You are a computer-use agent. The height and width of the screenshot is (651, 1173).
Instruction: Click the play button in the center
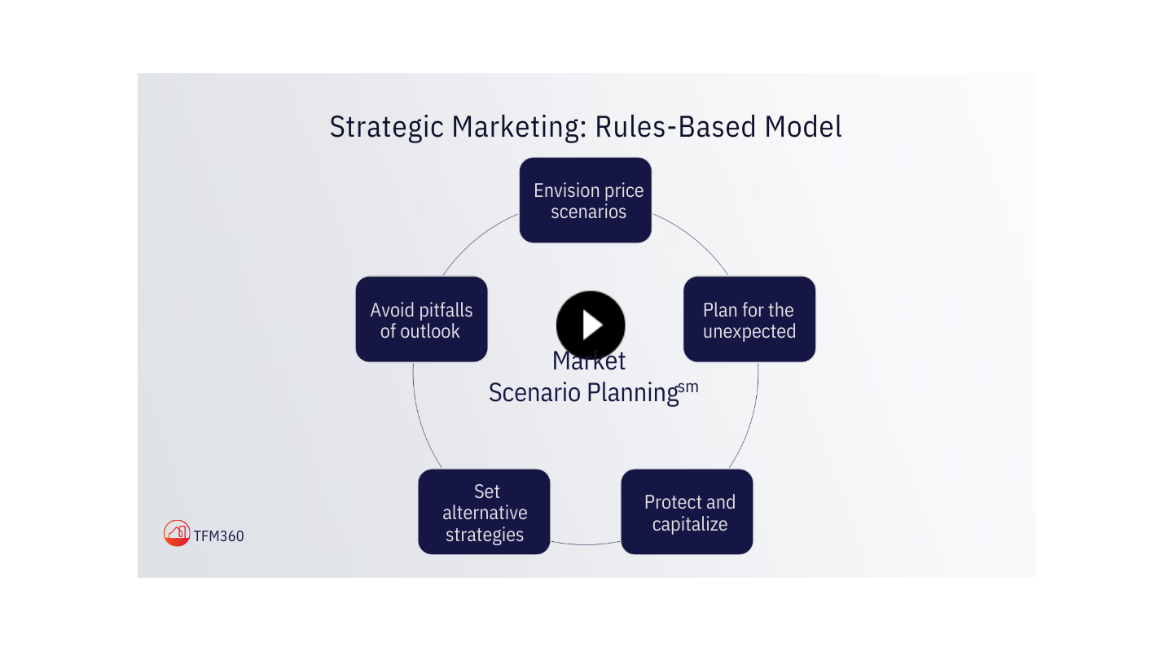(x=591, y=325)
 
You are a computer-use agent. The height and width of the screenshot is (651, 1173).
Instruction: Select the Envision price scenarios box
(x=586, y=200)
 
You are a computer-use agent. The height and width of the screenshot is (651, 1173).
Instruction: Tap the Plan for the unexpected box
(x=749, y=319)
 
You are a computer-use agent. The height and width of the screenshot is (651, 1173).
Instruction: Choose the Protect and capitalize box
(x=687, y=512)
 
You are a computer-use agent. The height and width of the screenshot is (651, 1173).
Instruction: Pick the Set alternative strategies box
(x=484, y=512)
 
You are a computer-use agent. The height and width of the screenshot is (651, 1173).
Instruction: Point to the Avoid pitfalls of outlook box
(x=421, y=319)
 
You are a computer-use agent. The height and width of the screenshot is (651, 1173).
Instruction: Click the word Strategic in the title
(x=387, y=128)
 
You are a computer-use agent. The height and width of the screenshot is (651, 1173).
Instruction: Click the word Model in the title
(x=803, y=128)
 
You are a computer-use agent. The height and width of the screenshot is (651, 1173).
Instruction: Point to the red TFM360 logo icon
(x=177, y=533)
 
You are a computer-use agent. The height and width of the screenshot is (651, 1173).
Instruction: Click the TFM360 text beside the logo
(x=219, y=535)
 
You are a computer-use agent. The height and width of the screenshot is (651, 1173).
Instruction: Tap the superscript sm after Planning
(x=688, y=387)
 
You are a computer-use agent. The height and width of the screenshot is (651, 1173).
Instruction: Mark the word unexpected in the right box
(x=749, y=331)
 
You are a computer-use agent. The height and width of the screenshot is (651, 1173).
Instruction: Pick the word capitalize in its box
(x=690, y=524)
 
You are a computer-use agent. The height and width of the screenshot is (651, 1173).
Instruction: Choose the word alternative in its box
(x=485, y=513)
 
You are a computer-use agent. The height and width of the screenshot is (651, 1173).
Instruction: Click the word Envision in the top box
(x=566, y=190)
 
